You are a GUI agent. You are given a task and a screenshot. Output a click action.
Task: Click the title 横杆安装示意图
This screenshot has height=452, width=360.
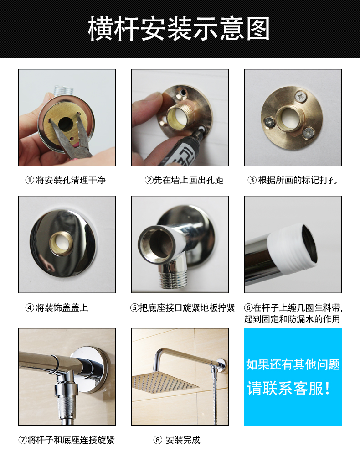pos(179,28)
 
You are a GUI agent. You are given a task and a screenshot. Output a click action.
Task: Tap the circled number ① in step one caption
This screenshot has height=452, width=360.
pos(30,180)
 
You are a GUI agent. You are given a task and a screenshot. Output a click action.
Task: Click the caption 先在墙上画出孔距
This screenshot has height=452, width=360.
pos(189,180)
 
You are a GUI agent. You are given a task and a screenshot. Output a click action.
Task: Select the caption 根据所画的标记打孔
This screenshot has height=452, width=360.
pos(297,180)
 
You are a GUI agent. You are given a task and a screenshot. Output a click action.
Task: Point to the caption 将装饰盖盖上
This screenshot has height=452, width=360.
pos(62,307)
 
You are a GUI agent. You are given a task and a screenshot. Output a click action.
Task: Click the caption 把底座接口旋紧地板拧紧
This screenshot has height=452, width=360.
pos(187,307)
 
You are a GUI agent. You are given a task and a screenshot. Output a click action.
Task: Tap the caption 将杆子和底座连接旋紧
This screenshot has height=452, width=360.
pos(71,440)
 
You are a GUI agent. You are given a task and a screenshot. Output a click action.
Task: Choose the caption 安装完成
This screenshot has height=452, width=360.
pos(183,440)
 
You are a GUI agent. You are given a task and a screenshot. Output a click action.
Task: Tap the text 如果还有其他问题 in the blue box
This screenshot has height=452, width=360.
pos(293,364)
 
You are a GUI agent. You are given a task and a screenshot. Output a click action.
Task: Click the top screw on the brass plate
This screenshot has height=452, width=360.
pos(301,96)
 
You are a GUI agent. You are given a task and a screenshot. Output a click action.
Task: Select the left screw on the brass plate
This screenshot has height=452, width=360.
pos(269,122)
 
